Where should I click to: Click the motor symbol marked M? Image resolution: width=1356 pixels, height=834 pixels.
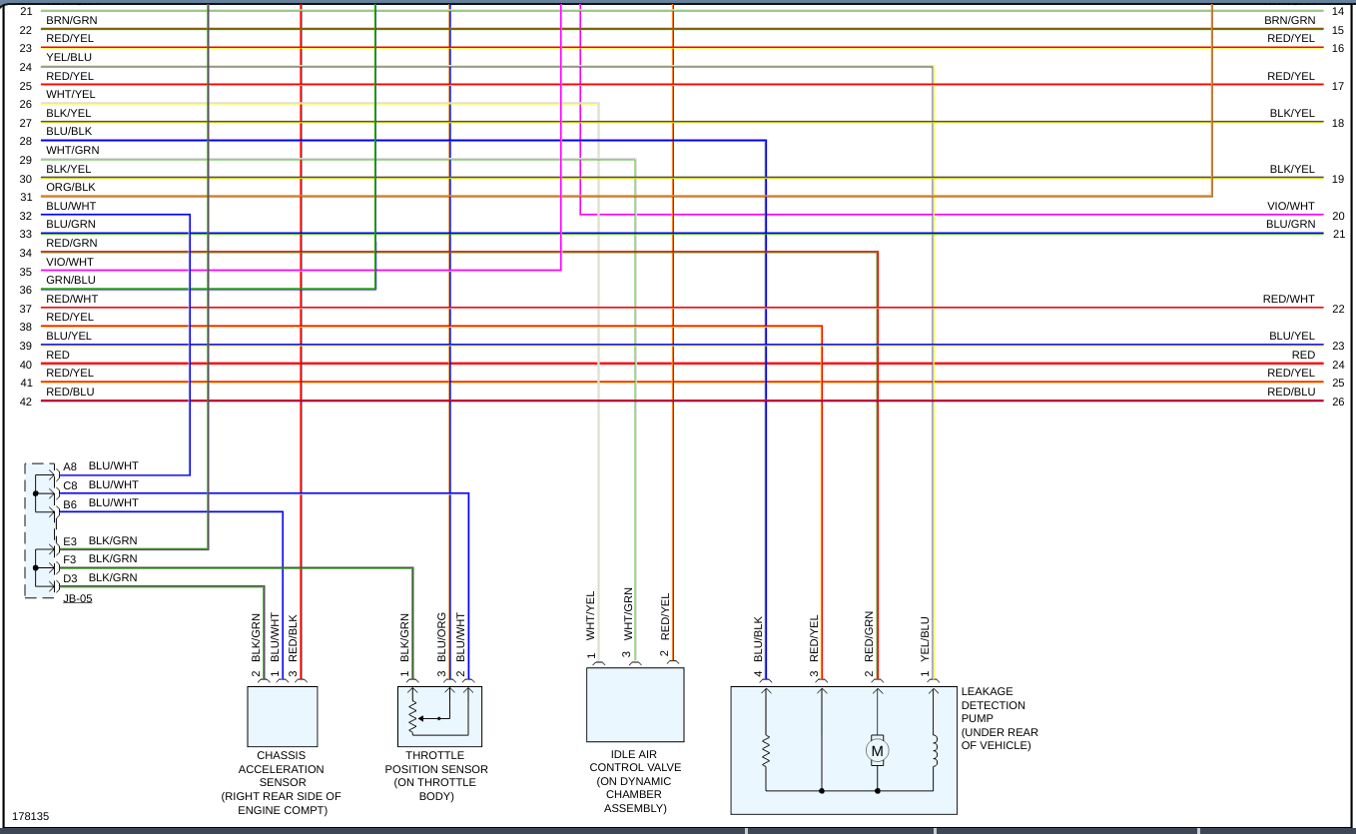coord(877,751)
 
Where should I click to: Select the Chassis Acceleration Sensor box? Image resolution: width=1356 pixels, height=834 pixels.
coord(283,716)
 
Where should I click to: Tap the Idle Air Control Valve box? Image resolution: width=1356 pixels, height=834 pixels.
coord(635,704)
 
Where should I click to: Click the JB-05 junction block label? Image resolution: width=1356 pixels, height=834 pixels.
coord(77,598)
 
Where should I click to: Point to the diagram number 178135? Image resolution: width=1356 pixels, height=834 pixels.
coord(30,816)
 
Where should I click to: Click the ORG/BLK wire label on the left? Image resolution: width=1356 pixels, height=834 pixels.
coord(71,187)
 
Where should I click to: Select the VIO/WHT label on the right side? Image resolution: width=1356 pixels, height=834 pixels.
coord(1291,206)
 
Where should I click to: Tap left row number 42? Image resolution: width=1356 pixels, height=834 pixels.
coord(26,402)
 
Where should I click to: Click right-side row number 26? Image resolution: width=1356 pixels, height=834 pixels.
coord(1338,402)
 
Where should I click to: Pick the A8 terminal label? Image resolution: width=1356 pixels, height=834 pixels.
coord(70,466)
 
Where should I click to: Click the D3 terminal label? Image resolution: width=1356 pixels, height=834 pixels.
coord(70,578)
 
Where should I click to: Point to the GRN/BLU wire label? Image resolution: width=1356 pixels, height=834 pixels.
coord(71,280)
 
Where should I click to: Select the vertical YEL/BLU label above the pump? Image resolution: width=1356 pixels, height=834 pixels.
coord(925,638)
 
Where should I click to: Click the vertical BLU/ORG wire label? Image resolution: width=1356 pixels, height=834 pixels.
coord(441,636)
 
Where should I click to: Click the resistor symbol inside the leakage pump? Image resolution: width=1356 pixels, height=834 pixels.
coord(766,751)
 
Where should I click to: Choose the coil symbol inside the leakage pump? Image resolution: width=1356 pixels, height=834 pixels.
coord(934,751)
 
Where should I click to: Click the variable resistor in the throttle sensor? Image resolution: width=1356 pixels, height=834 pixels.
coord(412,715)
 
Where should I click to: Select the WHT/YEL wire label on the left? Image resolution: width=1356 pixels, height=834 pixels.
coord(71,94)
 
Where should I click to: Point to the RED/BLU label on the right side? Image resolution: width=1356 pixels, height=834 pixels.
coord(1291,392)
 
